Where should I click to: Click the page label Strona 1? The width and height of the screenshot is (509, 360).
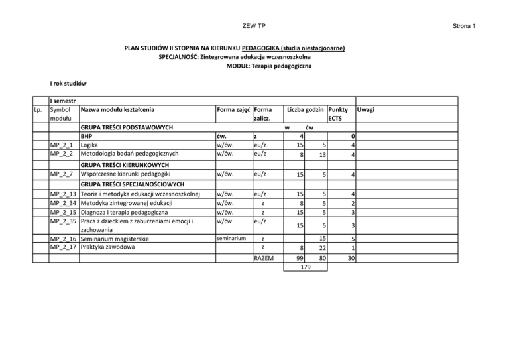coord(465,26)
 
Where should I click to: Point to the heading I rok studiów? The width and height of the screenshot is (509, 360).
coord(70,84)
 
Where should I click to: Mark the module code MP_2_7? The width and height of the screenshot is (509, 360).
coord(62,175)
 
